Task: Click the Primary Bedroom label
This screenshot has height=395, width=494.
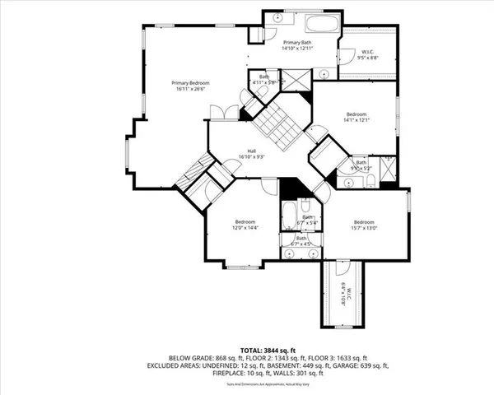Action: [190, 86]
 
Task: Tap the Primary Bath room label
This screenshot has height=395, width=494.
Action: [298, 45]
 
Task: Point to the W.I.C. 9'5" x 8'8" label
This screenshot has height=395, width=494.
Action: [368, 56]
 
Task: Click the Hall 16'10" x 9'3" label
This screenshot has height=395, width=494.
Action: [256, 154]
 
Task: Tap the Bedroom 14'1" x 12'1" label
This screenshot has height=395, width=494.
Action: [356, 117]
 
